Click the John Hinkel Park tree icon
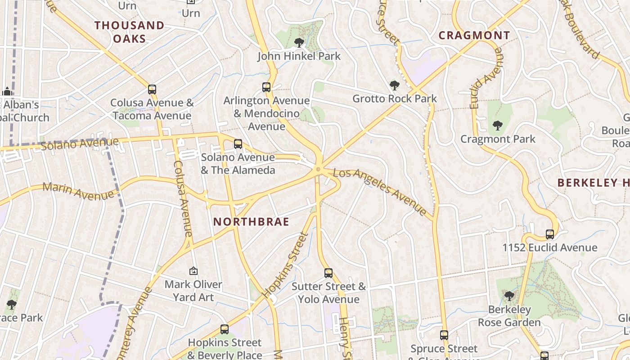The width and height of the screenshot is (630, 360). click(x=299, y=43)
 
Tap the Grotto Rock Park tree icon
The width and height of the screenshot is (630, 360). click(x=395, y=85)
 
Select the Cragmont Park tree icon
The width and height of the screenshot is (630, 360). click(x=497, y=126)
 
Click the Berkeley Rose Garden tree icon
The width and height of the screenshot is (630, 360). click(x=509, y=296)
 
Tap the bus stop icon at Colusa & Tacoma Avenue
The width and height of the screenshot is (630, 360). click(x=152, y=89)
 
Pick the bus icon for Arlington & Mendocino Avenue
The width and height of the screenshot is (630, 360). click(x=266, y=87)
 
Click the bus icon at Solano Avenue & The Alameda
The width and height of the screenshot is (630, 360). click(x=238, y=144)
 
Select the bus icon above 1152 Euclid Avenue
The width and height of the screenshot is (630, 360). click(x=549, y=234)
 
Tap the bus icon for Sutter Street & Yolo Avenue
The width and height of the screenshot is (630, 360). click(x=328, y=273)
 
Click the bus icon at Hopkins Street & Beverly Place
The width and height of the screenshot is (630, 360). click(x=224, y=329)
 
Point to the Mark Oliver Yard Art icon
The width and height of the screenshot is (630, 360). click(x=193, y=271)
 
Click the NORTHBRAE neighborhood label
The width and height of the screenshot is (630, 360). click(x=251, y=222)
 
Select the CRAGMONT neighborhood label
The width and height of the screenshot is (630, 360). click(x=474, y=36)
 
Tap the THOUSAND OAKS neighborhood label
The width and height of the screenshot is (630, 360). click(x=130, y=32)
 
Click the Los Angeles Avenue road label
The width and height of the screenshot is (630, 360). click(x=380, y=191)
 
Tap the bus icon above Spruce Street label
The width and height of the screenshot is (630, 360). click(x=444, y=335)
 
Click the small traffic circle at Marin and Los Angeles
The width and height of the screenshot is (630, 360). click(x=319, y=169)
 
